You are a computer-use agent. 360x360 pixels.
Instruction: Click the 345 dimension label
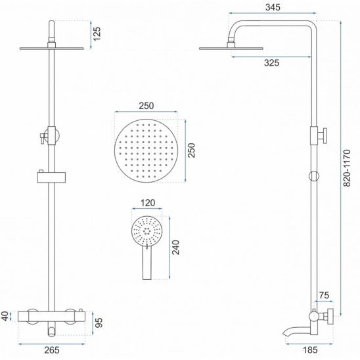pyautogui.click(x=273, y=7)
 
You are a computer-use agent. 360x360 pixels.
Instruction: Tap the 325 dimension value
pyautogui.click(x=271, y=62)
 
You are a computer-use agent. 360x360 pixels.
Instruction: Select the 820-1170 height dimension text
pyautogui.click(x=347, y=168)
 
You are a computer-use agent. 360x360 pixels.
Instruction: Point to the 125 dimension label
pyautogui.click(x=97, y=34)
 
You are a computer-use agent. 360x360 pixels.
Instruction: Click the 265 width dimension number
pyautogui.click(x=52, y=350)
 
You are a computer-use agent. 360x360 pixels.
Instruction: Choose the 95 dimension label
pyautogui.click(x=99, y=323)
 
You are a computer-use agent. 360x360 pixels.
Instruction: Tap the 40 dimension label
pyautogui.click(x=5, y=316)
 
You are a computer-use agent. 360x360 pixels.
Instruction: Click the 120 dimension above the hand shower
pyautogui.click(x=148, y=203)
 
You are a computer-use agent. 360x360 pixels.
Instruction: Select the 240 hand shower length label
pyautogui.click(x=176, y=247)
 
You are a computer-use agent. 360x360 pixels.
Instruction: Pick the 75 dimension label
pyautogui.click(x=324, y=295)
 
